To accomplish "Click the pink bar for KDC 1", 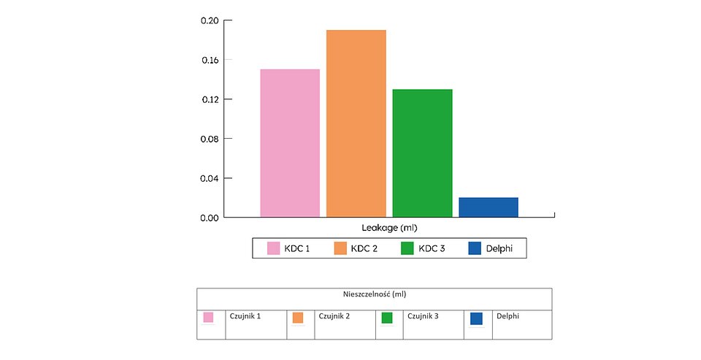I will point(290,143).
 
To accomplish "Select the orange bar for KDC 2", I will point(356,123).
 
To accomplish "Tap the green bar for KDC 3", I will point(422,153).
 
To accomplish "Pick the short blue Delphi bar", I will point(488,207).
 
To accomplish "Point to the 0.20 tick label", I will point(210,20).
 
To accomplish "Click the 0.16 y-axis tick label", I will point(210,60).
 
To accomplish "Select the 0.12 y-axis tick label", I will point(210,99).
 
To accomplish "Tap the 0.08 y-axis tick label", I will point(210,139).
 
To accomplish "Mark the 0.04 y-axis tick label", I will point(210,178).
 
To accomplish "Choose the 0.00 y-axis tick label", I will point(210,218).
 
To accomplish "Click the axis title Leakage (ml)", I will point(389,229).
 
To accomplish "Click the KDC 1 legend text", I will point(296,249).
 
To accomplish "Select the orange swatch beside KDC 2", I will point(340,248).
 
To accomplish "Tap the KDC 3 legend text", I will point(431,249).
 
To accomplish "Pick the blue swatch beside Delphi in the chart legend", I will point(475,248).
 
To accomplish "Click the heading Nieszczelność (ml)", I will point(374,294).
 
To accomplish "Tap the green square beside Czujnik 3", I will point(387,318).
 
